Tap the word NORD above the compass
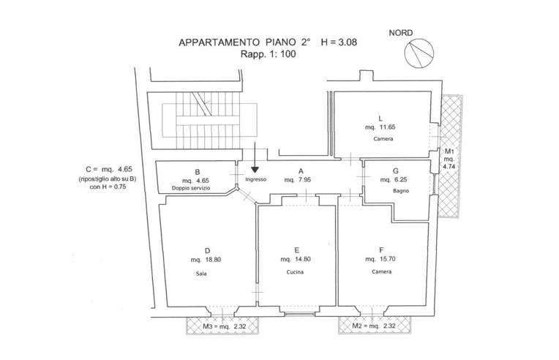click(401, 33)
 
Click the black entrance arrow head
click(255, 170)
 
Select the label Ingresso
click(255, 179)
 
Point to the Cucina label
click(295, 272)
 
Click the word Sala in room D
click(201, 274)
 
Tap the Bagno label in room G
click(401, 191)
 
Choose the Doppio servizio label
click(191, 188)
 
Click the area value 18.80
click(213, 260)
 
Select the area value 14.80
click(303, 259)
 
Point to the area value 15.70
click(388, 259)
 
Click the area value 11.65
click(388, 127)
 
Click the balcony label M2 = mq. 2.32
click(374, 326)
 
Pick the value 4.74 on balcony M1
click(449, 166)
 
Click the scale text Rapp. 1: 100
click(268, 55)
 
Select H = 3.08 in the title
click(339, 42)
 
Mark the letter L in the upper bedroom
click(380, 119)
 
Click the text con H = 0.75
click(108, 187)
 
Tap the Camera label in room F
click(381, 271)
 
